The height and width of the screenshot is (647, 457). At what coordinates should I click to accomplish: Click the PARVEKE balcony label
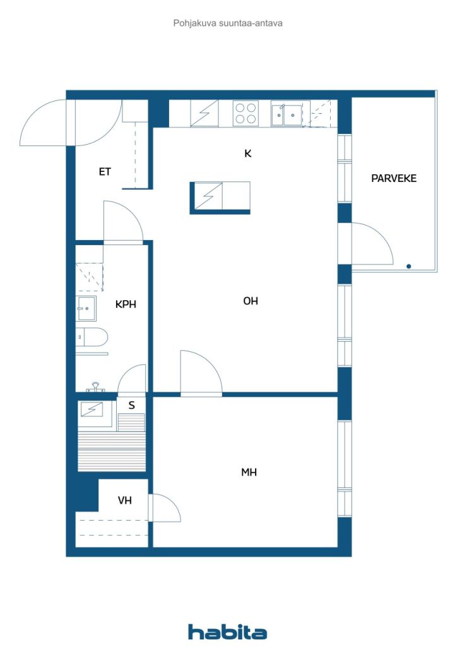(x=393, y=178)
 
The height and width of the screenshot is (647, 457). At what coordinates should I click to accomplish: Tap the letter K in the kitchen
(x=247, y=154)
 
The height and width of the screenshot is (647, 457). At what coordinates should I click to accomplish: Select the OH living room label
(x=251, y=301)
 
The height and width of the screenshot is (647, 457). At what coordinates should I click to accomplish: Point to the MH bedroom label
(x=249, y=472)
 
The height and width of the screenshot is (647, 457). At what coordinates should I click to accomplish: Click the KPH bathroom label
(x=126, y=304)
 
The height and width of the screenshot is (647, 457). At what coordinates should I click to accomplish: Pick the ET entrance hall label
(x=105, y=172)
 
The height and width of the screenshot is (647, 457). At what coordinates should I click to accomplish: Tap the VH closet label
(x=125, y=500)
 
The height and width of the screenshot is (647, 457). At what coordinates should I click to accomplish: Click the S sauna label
(x=131, y=405)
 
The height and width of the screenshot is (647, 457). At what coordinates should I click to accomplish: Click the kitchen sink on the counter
(x=287, y=115)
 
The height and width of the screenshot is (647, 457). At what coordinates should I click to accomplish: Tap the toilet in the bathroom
(x=92, y=337)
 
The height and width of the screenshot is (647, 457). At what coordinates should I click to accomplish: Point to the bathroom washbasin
(x=86, y=308)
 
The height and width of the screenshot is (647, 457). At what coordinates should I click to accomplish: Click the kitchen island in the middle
(x=220, y=198)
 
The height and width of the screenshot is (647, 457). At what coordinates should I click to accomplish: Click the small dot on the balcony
(x=408, y=267)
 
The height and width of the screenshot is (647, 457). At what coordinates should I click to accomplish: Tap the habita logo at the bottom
(x=227, y=632)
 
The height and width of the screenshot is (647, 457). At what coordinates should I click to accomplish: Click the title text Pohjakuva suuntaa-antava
(x=228, y=23)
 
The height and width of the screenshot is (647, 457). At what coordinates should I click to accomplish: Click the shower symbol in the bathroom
(x=90, y=277)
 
